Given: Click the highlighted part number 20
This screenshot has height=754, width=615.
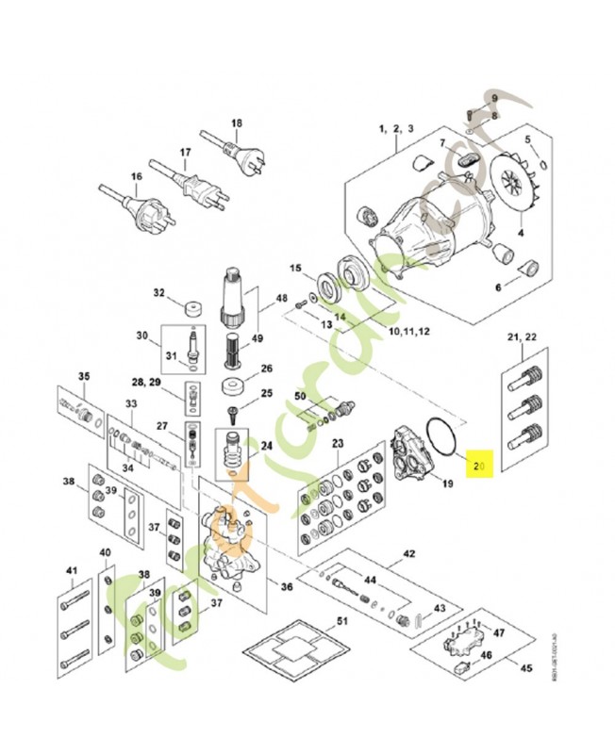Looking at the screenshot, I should click(x=479, y=465).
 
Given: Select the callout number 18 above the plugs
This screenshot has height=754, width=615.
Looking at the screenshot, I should click(x=236, y=123).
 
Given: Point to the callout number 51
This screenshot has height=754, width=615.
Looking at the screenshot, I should click(x=342, y=620).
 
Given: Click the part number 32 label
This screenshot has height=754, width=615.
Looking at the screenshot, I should click(x=159, y=293).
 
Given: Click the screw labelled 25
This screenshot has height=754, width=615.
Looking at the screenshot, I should click(x=230, y=412).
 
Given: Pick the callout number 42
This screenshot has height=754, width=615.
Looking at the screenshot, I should click(x=408, y=553).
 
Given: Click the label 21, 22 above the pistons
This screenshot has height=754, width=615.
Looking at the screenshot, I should click(x=522, y=338).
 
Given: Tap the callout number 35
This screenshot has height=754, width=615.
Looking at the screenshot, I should click(x=83, y=377).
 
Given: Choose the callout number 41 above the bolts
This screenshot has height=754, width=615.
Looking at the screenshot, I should click(x=72, y=571).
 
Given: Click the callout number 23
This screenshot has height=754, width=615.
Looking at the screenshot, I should click(x=338, y=443).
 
